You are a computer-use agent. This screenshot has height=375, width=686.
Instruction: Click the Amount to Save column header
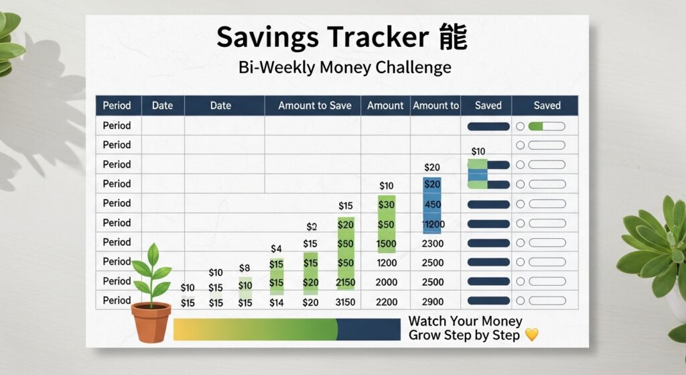pos(314,105)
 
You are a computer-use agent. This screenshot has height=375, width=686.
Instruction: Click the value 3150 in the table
pos(345,303)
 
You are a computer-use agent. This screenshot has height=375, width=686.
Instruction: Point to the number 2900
pos(432,303)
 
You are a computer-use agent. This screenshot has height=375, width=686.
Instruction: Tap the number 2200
pos(386,303)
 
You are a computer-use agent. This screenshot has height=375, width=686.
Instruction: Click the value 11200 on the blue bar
pos(432,225)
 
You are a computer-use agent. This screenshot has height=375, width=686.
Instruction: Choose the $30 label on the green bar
pos(386,205)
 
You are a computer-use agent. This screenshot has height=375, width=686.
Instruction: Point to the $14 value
pos(276,303)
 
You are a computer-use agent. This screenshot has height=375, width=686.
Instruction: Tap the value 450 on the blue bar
pos(432,205)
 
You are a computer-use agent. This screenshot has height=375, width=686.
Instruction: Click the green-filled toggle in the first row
pos(547,125)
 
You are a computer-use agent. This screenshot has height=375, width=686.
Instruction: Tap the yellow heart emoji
pos(531,334)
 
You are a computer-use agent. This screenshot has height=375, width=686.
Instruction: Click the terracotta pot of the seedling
pos(151,323)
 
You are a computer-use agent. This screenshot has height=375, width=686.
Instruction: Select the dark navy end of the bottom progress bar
pos(368,329)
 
